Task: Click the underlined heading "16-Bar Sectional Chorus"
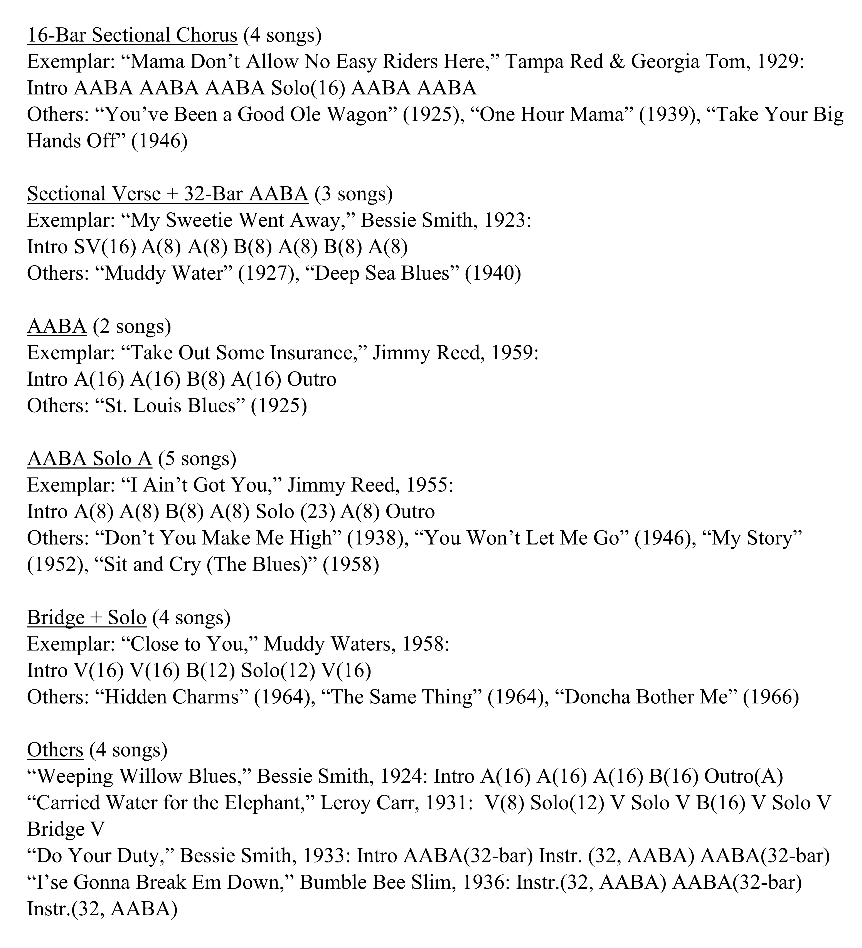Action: click(132, 35)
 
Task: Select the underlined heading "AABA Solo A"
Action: click(89, 459)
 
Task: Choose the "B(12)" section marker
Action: click(210, 670)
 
